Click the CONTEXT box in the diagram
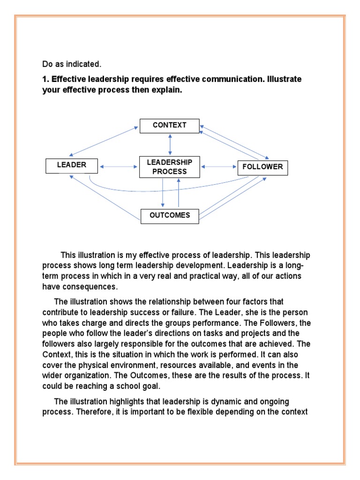[x=169, y=126]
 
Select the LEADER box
[x=72, y=165]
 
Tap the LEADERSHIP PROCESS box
[x=169, y=167]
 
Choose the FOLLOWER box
[x=262, y=167]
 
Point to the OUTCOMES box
[x=170, y=216]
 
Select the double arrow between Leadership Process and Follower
[x=218, y=166]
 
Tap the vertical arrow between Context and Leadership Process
[x=170, y=144]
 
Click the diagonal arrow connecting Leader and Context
[x=104, y=141]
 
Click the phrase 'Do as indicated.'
[x=72, y=63]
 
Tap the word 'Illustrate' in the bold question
[x=283, y=79]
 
